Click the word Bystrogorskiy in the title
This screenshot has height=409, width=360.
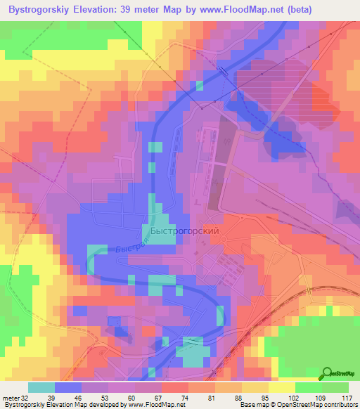[37, 10]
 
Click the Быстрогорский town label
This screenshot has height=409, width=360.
[186, 231]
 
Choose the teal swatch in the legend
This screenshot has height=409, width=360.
[41, 387]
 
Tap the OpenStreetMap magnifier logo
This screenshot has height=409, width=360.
[328, 373]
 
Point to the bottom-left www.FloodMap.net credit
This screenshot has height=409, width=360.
[153, 405]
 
